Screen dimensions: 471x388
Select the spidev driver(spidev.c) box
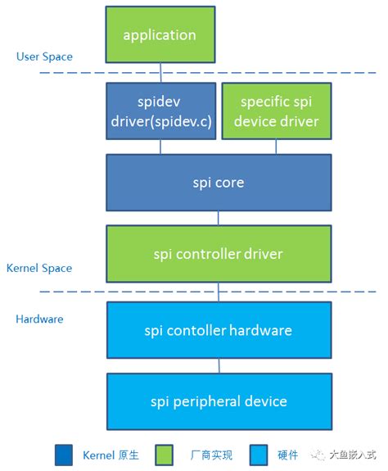click(x=160, y=111)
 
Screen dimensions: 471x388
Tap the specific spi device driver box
click(x=276, y=111)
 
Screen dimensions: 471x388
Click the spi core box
click(x=218, y=182)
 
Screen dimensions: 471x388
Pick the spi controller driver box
click(x=218, y=254)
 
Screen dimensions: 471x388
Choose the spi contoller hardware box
click(x=218, y=330)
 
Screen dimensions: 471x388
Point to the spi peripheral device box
click(x=218, y=401)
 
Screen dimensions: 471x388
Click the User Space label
click(x=44, y=57)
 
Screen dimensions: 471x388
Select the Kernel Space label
click(x=39, y=268)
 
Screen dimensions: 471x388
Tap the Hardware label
click(x=40, y=319)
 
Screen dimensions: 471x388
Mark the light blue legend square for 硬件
click(x=260, y=455)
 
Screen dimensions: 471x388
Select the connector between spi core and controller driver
click(x=218, y=218)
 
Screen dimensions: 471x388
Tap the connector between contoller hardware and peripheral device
click(x=218, y=366)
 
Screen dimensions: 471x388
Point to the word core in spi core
click(x=231, y=182)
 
